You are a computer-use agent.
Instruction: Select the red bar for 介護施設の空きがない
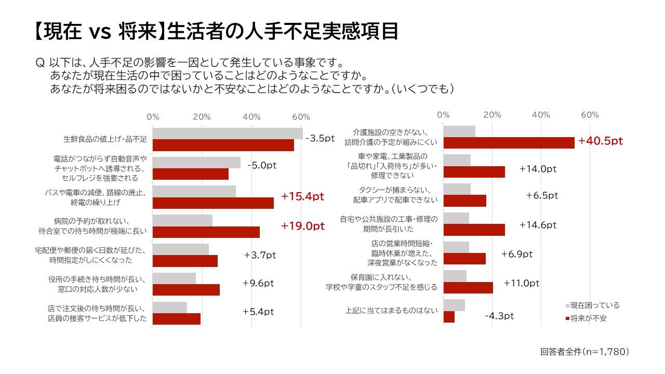point(509,143)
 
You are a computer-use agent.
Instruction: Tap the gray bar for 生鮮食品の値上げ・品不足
point(228,133)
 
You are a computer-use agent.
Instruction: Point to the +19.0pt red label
point(302,226)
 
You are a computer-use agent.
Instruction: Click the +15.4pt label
point(302,196)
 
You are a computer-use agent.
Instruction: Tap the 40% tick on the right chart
point(541,114)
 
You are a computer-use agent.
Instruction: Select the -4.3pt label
point(499,316)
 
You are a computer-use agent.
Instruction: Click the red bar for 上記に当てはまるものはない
point(449,317)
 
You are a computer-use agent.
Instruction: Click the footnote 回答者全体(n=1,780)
point(584,352)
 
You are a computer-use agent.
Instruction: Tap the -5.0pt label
point(262,165)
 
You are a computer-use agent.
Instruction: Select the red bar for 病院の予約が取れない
point(206,232)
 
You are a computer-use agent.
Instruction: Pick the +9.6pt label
point(258,283)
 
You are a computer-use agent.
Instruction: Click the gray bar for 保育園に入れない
point(455,276)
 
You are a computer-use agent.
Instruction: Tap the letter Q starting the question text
point(40,63)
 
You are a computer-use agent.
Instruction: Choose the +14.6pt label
point(538,225)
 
